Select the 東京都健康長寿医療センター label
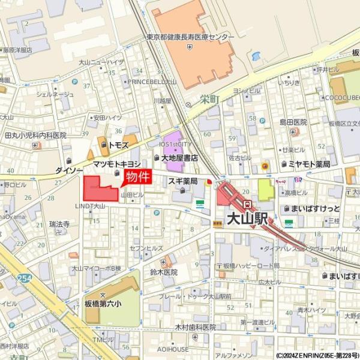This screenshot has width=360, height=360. click(x=190, y=37)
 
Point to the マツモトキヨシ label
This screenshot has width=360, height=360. click(x=117, y=164)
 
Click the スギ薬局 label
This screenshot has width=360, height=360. click(x=183, y=180)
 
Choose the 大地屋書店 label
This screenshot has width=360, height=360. click(x=179, y=158)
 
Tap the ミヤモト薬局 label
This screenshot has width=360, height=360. click(x=309, y=164)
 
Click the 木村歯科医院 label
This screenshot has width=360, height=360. click(x=195, y=327)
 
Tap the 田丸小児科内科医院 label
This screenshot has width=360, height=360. click(x=35, y=136)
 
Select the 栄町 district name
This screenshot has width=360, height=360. click(x=210, y=100)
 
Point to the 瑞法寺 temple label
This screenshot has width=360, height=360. click(x=60, y=224)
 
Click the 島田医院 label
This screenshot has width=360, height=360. click(x=293, y=122)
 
